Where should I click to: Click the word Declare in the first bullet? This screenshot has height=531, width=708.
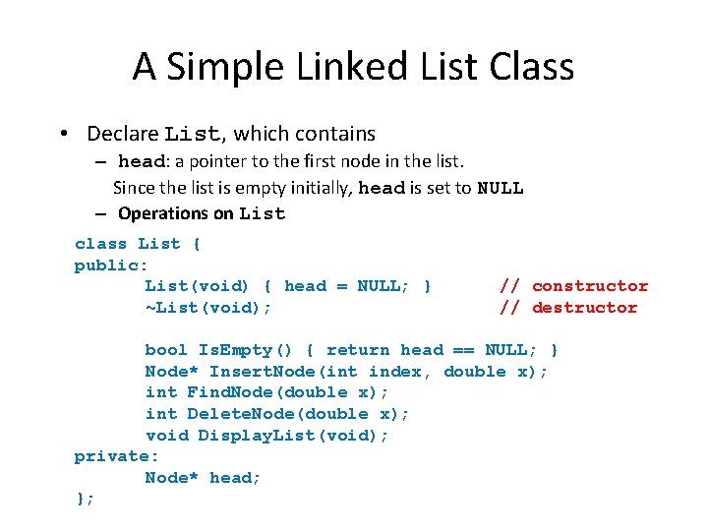coord(123,133)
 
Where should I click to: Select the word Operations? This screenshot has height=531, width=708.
coord(162,213)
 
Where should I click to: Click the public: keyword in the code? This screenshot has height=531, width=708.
coord(111,265)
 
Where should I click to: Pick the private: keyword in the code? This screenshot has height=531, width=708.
coord(116,456)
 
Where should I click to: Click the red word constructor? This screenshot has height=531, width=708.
coord(590,286)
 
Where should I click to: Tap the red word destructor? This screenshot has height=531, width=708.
coord(584,308)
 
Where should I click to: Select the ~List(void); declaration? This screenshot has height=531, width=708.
coord(208,308)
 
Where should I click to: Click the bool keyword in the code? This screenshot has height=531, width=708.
coord(166,350)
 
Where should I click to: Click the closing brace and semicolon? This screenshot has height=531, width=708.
coord(85,499)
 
